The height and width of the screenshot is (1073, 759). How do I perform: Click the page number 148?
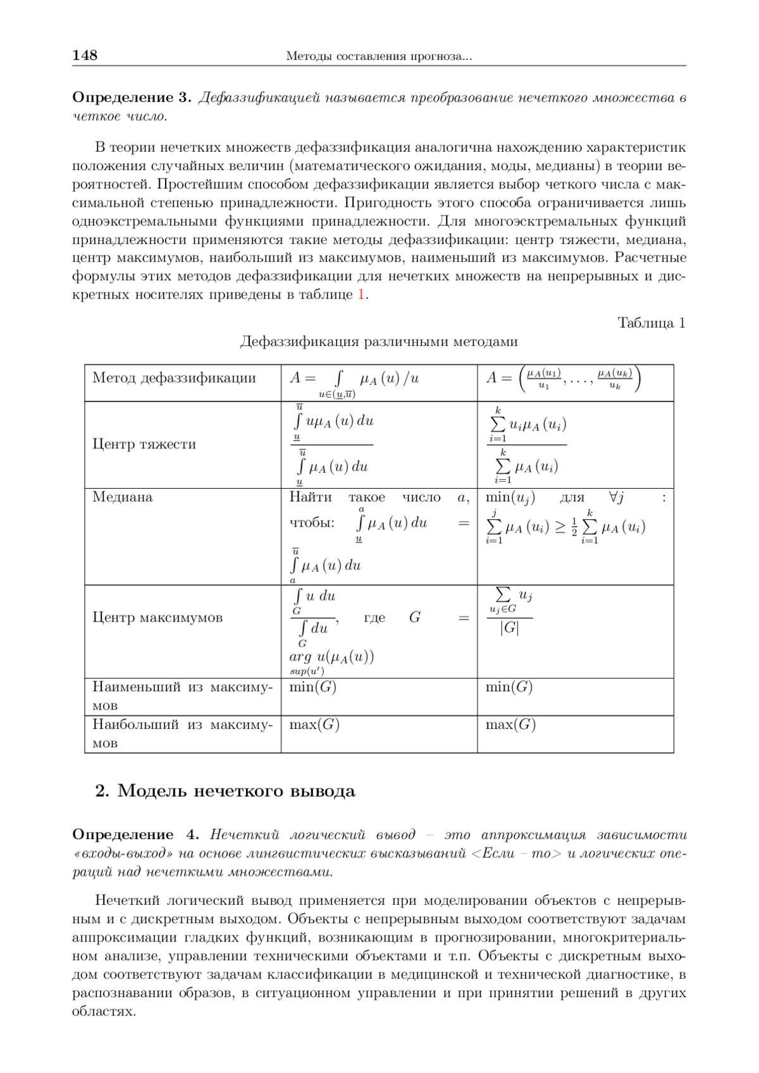pyautogui.click(x=85, y=56)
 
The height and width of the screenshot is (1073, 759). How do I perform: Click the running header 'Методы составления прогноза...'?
pyautogui.click(x=379, y=57)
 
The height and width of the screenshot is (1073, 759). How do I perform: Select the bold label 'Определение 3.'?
pyautogui.click(x=132, y=98)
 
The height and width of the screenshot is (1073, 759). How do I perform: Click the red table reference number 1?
pyautogui.click(x=361, y=295)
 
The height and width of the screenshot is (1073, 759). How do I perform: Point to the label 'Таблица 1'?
pyautogui.click(x=651, y=323)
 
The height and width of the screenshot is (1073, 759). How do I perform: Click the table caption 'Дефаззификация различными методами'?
pyautogui.click(x=379, y=342)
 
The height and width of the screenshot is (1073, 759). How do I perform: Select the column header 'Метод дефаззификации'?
pyautogui.click(x=174, y=378)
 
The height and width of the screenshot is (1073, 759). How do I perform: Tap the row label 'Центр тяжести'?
pyautogui.click(x=144, y=444)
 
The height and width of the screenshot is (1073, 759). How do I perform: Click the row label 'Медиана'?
pyautogui.click(x=123, y=497)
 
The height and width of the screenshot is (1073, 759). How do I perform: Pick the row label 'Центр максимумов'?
pyautogui.click(x=157, y=617)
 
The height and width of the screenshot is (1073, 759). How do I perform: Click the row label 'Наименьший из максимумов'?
pyautogui.click(x=182, y=696)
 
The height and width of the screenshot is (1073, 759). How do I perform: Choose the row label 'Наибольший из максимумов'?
pyautogui.click(x=182, y=733)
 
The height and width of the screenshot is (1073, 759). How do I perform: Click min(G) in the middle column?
pyautogui.click(x=312, y=687)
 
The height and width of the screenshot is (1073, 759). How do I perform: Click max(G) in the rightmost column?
pyautogui.click(x=510, y=725)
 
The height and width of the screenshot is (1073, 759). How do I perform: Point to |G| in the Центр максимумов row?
pyautogui.click(x=509, y=628)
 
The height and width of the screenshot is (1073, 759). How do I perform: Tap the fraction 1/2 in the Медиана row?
pyautogui.click(x=574, y=527)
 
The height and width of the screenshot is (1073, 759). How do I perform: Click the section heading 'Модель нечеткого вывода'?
pyautogui.click(x=236, y=791)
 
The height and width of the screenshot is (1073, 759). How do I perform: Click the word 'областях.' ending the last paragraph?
pyautogui.click(x=104, y=1011)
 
